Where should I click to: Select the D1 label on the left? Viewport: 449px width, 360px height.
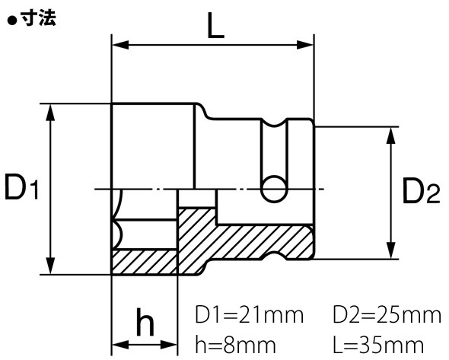click(21, 187)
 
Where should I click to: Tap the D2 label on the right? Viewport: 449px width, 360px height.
click(421, 190)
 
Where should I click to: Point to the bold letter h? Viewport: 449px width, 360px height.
click(145, 322)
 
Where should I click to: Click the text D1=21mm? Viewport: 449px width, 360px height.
click(249, 316)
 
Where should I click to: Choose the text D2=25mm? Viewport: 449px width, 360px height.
click(387, 316)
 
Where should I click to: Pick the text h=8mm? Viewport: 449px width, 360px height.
click(235, 345)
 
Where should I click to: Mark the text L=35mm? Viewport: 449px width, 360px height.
click(378, 345)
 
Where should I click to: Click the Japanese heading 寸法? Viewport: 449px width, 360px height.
click(38, 19)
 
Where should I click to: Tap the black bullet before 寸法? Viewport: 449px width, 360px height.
click(11, 21)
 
